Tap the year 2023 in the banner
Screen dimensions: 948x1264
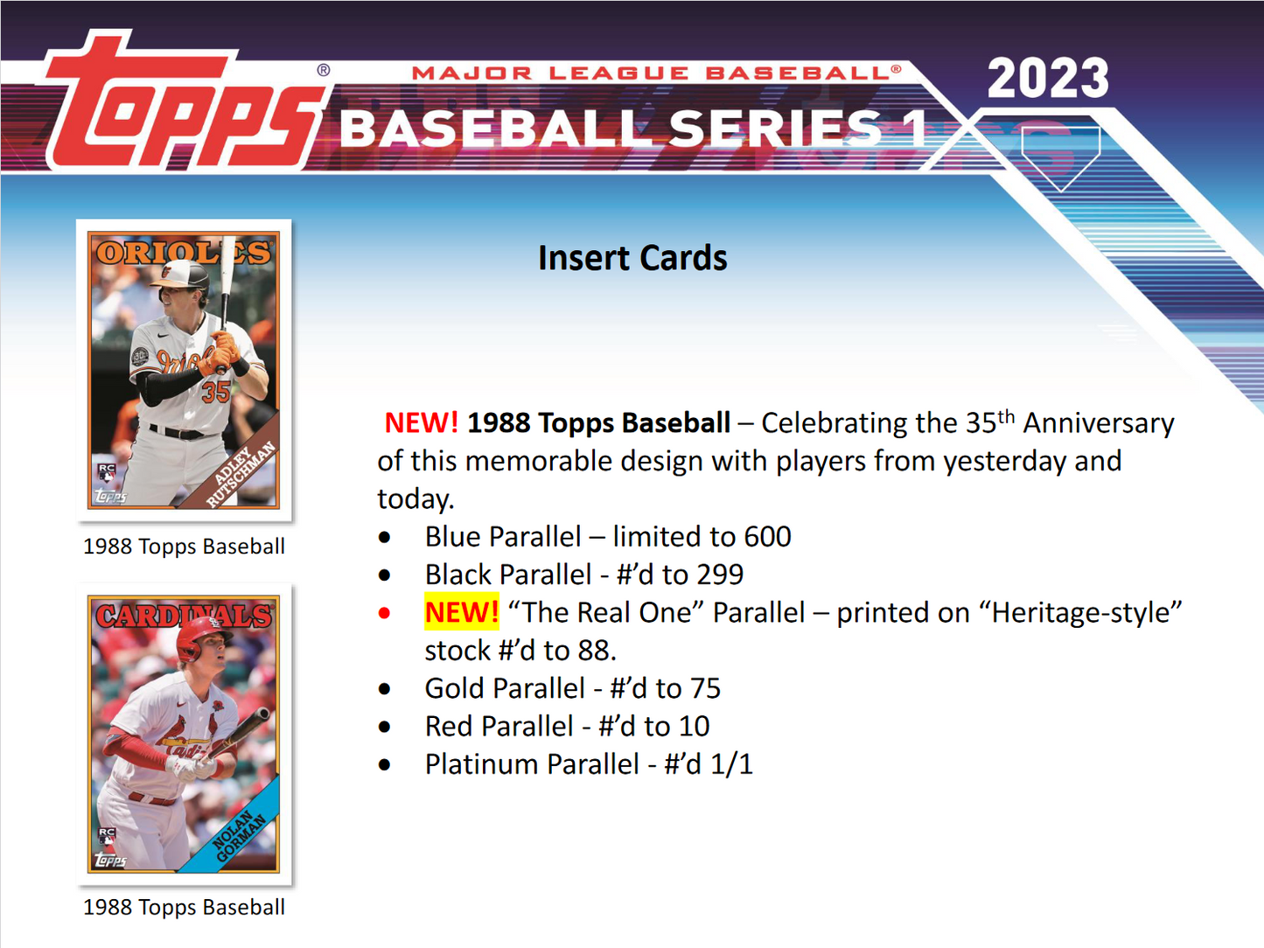1048,79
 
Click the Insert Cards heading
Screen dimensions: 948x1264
632,258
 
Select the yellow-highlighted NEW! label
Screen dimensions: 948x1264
462,612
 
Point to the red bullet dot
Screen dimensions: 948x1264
385,613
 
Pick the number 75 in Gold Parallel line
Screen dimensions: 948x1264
704,688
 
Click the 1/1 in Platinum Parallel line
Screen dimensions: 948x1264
731,764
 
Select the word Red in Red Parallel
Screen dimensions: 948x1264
449,726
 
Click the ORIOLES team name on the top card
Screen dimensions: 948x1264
184,253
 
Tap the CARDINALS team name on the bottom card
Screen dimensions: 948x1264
184,616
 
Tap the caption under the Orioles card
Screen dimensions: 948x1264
184,547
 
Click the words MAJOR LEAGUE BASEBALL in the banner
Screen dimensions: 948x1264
656,73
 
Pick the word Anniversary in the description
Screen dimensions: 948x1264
1099,423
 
